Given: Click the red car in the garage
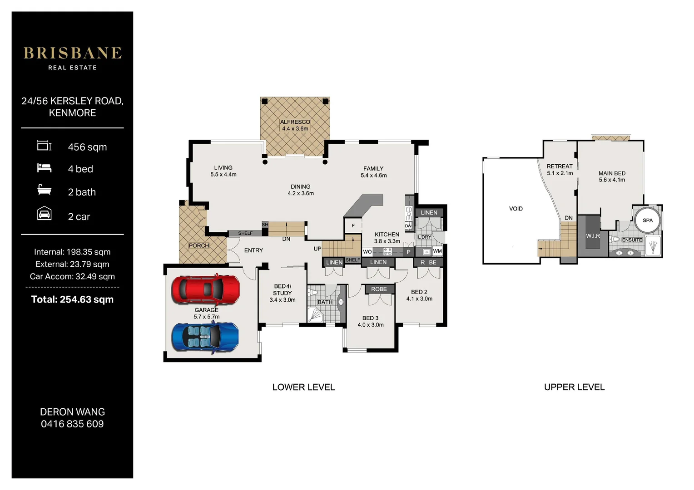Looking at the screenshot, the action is (206, 290).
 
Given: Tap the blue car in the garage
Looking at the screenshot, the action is (205, 337).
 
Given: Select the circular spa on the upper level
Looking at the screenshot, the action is (647, 220).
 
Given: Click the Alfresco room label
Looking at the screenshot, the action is (295, 122).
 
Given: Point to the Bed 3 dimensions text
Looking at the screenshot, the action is (371, 325).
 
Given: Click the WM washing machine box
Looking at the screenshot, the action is (437, 251).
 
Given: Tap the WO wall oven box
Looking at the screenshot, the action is (367, 252).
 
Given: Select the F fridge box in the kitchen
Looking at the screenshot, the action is (353, 225).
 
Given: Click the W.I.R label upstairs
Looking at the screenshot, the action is (593, 236).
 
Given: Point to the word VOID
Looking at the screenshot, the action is (516, 209).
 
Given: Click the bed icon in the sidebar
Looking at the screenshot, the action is (45, 168).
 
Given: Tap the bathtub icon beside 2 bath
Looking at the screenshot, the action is (45, 190).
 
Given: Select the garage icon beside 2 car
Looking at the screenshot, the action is (45, 213).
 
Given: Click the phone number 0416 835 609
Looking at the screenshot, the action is (72, 424).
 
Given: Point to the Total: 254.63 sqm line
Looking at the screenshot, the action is (72, 299).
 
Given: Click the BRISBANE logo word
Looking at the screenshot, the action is (73, 53).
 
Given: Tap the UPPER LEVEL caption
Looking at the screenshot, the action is (575, 387).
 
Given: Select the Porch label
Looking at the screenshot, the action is (198, 245).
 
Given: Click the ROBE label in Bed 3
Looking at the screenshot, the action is (379, 289).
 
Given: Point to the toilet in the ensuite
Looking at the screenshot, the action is (614, 239).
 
